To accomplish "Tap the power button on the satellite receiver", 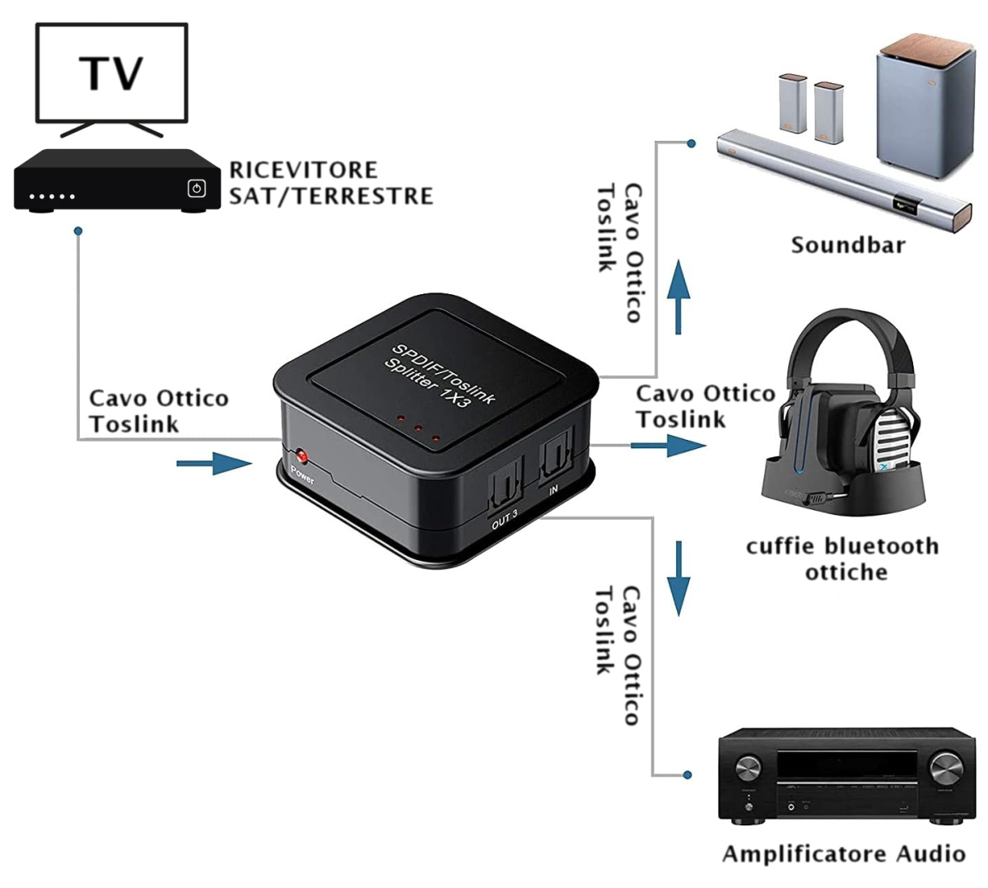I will (196, 189).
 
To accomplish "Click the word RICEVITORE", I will (303, 170).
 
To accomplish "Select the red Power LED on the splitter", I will (301, 456).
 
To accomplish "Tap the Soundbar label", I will (848, 245).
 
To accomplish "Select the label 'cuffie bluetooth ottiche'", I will (842, 559).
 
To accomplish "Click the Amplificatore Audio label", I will (843, 853).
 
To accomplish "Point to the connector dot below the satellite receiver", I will (78, 231).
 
